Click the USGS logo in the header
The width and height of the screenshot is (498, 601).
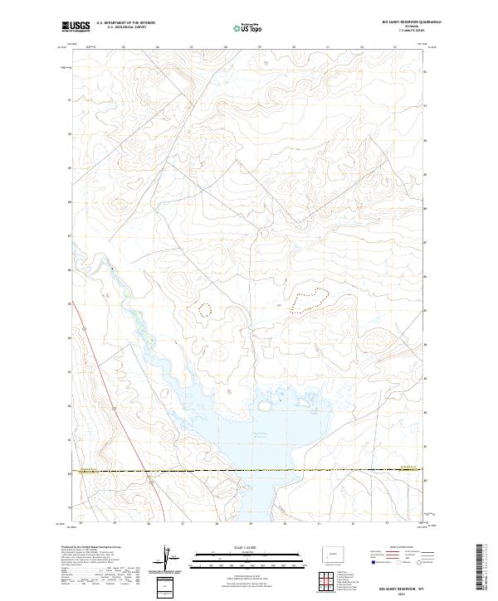point(76,27)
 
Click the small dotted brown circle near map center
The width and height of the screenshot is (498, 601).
point(205,309)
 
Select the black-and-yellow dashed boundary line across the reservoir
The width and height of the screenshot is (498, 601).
point(249,471)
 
